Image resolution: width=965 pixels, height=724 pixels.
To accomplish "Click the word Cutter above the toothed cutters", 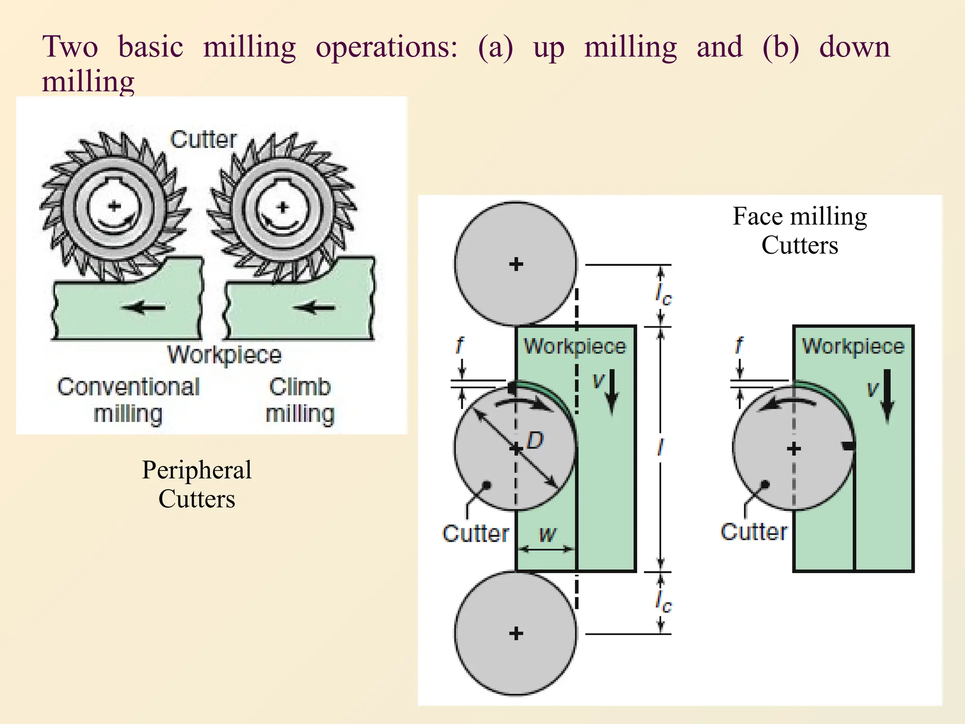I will [x=203, y=140].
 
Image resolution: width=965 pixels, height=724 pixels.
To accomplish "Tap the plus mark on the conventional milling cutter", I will [x=114, y=206].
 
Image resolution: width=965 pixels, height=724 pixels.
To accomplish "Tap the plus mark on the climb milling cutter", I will [x=283, y=207].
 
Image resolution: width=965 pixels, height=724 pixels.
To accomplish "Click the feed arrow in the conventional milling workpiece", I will [x=144, y=308].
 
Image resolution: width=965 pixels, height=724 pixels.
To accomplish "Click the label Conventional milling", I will [x=128, y=400].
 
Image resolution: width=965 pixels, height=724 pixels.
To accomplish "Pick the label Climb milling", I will [x=300, y=400].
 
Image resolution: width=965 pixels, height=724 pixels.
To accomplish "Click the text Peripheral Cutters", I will [x=196, y=484].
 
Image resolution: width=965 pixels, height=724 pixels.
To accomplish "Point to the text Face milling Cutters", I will [x=800, y=230].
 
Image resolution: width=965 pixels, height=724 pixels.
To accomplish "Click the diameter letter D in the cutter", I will [x=535, y=441].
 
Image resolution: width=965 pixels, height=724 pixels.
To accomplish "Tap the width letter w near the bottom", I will [x=548, y=534].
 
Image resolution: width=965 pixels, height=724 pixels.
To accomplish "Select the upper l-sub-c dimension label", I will [x=663, y=295].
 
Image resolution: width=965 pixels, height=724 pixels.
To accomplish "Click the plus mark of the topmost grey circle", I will [x=516, y=264].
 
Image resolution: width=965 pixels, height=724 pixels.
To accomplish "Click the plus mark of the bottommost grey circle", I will [x=516, y=633].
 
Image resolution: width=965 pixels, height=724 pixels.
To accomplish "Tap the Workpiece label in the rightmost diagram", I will [x=853, y=346].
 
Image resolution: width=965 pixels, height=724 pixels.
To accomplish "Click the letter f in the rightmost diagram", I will [x=739, y=346].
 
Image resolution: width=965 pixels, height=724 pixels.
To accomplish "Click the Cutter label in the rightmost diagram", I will [x=753, y=532].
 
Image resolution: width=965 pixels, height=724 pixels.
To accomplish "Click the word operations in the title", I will [x=386, y=48].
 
